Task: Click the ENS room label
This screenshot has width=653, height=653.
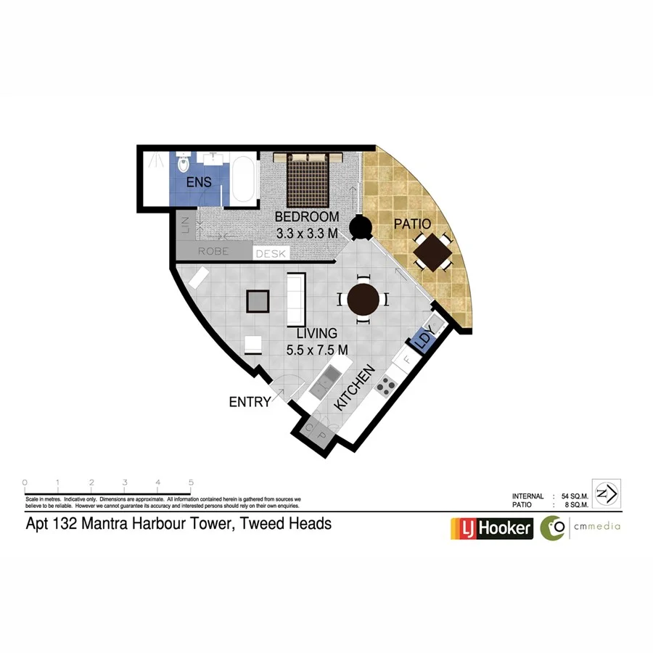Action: click(x=199, y=182)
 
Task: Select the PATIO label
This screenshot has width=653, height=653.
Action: click(x=412, y=224)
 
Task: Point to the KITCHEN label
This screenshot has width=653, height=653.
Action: click(x=356, y=389)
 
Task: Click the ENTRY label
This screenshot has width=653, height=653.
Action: click(x=250, y=401)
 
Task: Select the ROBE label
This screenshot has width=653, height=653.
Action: click(x=213, y=252)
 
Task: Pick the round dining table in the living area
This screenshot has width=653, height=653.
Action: click(x=363, y=299)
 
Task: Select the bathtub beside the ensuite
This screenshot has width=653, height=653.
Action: click(x=245, y=181)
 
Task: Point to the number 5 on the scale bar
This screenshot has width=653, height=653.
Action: click(x=190, y=482)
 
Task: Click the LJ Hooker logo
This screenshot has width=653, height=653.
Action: click(x=492, y=528)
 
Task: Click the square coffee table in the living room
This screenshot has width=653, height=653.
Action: click(x=258, y=300)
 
